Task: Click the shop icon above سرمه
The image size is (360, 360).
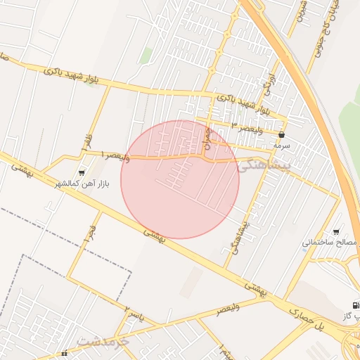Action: (282, 134)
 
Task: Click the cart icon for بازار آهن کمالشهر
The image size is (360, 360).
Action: (83, 172)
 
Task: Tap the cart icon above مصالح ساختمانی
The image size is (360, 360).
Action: (336, 231)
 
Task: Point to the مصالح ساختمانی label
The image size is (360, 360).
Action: (330, 243)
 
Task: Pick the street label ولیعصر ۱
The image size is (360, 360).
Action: (115, 154)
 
